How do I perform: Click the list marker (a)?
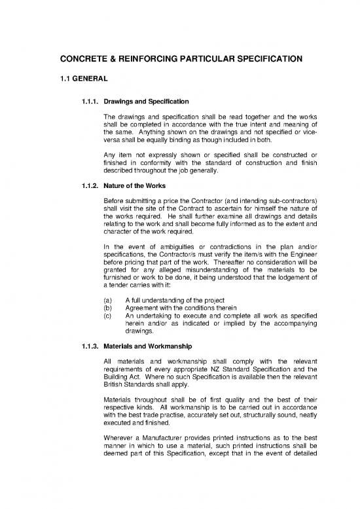(108, 299)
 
